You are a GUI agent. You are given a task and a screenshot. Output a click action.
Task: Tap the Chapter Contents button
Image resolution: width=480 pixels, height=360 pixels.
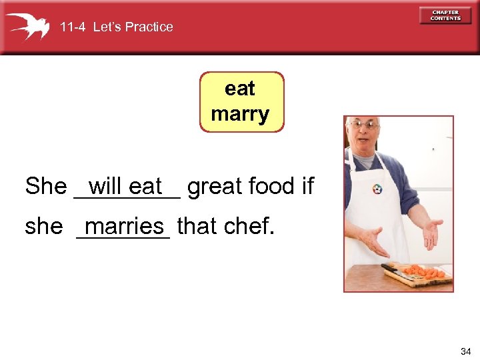[445, 15]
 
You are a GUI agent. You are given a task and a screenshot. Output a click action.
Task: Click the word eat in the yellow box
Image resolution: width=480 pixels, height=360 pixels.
[240, 89]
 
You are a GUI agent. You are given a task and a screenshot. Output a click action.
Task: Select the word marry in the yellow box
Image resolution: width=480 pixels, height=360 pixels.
[240, 114]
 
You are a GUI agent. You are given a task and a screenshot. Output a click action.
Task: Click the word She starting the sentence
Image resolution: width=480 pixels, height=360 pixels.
[45, 187]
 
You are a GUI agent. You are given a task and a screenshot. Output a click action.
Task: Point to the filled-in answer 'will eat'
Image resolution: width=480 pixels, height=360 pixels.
[125, 186]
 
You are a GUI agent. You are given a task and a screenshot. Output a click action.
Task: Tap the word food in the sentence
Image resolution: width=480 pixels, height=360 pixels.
[269, 187]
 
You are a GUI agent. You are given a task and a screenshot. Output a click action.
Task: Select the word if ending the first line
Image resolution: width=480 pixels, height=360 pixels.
[307, 187]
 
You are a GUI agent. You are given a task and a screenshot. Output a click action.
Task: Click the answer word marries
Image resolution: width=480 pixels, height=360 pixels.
[124, 226]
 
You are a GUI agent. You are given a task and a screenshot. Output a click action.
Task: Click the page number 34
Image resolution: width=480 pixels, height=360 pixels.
[465, 351]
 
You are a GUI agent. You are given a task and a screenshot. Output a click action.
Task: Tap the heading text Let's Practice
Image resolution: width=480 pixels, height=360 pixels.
[133, 27]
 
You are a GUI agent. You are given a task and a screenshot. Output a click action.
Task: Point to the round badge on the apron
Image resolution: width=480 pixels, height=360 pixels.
[378, 189]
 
